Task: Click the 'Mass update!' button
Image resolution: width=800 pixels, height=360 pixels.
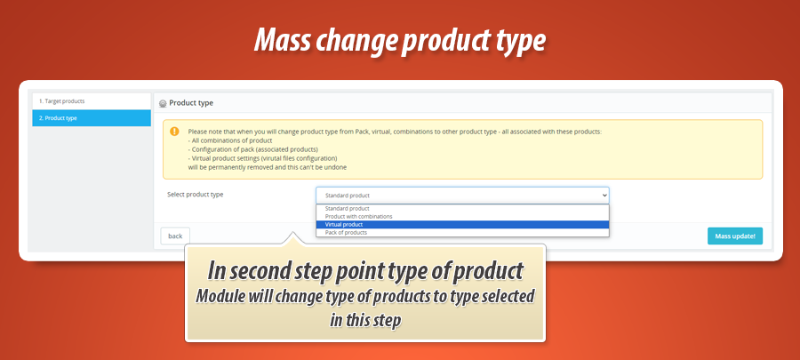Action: [734, 236]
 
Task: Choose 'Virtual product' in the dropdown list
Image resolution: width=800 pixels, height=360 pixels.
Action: [344, 224]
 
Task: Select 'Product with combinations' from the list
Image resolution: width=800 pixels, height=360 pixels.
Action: [358, 216]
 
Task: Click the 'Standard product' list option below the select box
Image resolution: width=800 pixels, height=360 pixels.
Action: [347, 208]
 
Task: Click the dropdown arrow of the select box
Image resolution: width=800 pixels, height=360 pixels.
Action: [604, 195]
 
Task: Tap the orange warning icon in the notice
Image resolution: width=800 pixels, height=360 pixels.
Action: [174, 132]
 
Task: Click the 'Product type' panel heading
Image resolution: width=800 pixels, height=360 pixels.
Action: [191, 103]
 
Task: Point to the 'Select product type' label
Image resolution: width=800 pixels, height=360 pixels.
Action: [196, 194]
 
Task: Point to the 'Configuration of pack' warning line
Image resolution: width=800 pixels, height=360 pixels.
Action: [252, 149]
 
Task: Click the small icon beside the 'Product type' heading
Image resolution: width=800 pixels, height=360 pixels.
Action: [163, 104]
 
